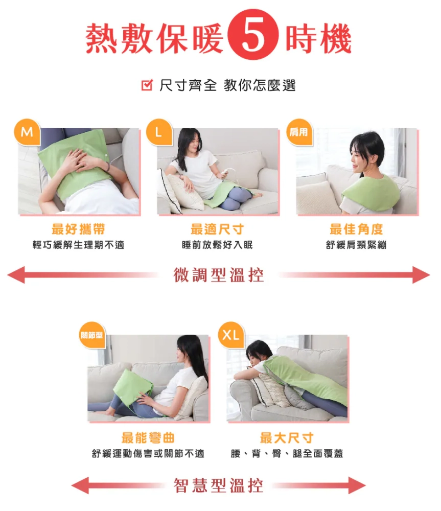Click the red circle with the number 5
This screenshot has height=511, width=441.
(x=253, y=34)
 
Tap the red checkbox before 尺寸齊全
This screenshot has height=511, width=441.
(x=147, y=85)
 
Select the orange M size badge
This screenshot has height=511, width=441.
(x=27, y=132)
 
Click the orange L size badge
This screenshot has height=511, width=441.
(x=159, y=132)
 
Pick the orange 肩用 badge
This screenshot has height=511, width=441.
(x=299, y=132)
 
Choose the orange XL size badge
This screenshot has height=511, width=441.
(x=231, y=335)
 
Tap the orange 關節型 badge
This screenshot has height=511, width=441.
(x=92, y=335)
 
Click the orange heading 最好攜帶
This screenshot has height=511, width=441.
(x=78, y=229)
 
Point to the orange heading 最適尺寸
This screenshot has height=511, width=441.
(x=217, y=229)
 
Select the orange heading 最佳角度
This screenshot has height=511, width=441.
(x=356, y=229)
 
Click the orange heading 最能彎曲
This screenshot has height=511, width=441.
(x=148, y=438)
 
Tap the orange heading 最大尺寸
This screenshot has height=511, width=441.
(x=287, y=438)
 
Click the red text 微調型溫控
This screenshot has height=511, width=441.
(x=218, y=275)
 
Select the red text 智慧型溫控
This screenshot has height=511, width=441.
(x=218, y=485)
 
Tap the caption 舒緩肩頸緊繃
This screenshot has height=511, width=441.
(x=356, y=245)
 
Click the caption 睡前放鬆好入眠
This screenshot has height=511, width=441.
(x=217, y=245)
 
